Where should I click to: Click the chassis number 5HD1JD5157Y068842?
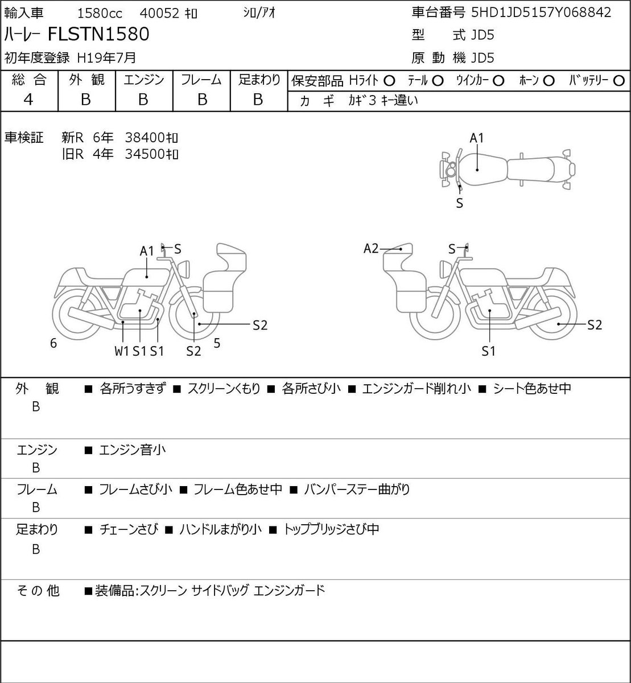point(541,13)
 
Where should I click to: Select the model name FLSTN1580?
point(98,34)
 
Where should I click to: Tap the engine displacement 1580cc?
point(100,14)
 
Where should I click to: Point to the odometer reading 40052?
point(159,14)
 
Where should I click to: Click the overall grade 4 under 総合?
point(28,100)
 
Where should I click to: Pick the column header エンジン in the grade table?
point(144,80)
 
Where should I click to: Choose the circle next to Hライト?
point(389,81)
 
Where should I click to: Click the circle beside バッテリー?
point(618,81)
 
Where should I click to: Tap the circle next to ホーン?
point(548,81)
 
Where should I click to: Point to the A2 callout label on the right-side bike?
point(371,248)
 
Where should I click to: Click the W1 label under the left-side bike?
point(122,351)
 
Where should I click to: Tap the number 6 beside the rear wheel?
point(53,343)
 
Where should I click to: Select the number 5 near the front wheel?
point(217,343)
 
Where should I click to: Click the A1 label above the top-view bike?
point(477,138)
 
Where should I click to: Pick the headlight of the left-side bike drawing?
point(184,269)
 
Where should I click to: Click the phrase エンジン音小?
point(133,450)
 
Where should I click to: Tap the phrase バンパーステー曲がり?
point(357,489)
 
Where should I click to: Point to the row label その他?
point(38,590)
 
